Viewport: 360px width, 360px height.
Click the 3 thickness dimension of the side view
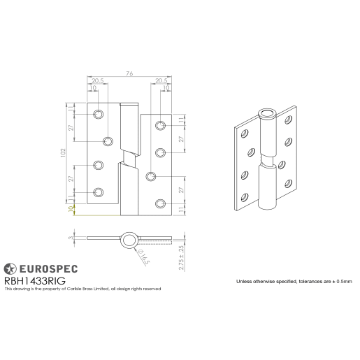point(71,239)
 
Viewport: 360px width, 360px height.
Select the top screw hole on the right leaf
point(161,126)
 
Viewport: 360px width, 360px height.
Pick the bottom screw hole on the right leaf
point(161,203)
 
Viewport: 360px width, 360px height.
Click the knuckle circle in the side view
point(128,240)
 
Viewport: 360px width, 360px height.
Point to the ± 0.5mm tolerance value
point(342,281)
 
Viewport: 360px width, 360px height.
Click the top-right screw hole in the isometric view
point(287,122)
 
